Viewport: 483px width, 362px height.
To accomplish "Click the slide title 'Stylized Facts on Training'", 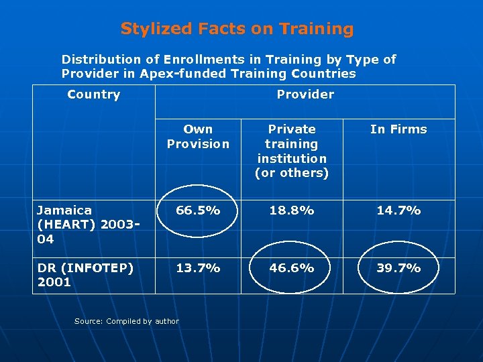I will tap(237, 29).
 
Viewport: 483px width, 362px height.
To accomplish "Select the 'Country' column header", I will tap(94, 95).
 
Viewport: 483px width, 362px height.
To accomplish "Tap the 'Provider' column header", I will tap(305, 95).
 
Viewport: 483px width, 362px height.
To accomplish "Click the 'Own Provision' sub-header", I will tap(198, 137).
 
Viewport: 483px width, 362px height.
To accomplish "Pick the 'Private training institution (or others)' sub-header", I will tap(292, 151).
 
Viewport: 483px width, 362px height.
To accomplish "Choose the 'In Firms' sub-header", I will tap(398, 129).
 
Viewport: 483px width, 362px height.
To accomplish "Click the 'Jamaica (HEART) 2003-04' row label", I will tap(81, 225).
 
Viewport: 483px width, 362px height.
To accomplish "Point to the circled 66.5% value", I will tap(198, 210).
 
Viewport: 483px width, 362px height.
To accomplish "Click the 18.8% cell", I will tap(292, 210).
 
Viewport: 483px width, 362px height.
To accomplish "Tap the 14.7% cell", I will tap(398, 210).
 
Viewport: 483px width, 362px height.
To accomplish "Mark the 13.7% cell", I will tap(198, 268).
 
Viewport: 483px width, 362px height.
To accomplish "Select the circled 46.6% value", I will tap(292, 268).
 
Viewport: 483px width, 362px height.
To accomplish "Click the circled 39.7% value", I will tap(398, 268).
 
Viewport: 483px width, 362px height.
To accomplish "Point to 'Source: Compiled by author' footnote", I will tap(127, 321).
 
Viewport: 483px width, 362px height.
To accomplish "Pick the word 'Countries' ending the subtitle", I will tap(324, 74).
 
